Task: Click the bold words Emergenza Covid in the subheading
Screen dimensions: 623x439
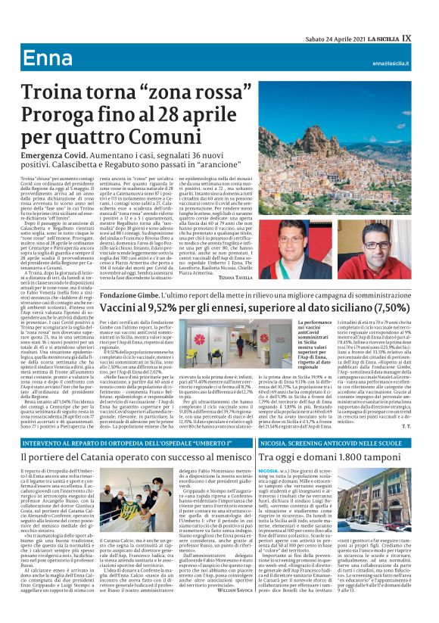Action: pyautogui.click(x=53, y=154)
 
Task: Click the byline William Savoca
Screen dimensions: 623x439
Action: pyautogui.click(x=250, y=600)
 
